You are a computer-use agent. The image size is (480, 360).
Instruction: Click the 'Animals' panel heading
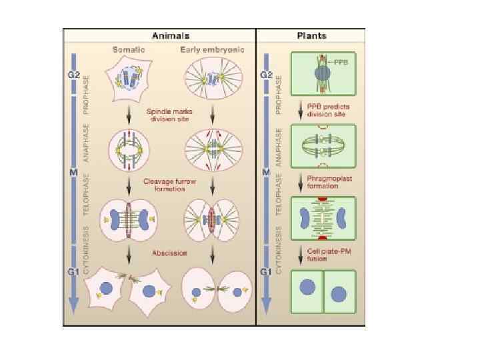pyautogui.click(x=171, y=35)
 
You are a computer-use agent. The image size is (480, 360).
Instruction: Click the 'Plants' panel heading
pyautogui.click(x=311, y=35)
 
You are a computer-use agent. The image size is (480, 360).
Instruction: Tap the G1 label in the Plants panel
pyautogui.click(x=266, y=271)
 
